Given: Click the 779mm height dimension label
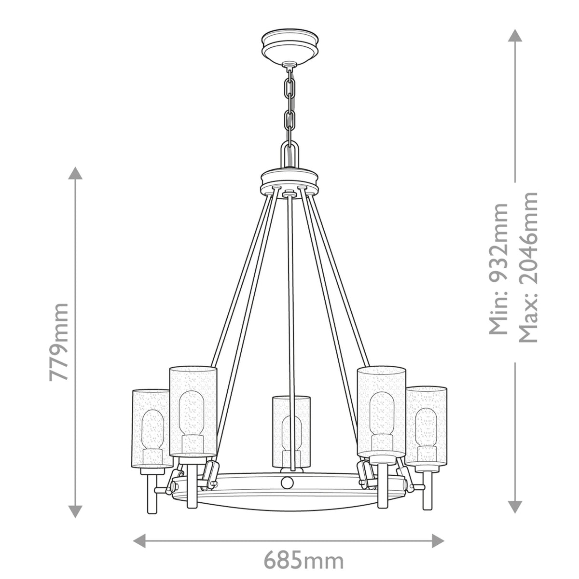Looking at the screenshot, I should click(59, 342).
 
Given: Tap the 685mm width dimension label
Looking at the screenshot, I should click(303, 561).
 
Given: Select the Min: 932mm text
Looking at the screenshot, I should click(499, 269).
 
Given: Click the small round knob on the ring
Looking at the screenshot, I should click(288, 482).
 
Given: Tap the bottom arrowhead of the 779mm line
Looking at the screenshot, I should click(75, 511).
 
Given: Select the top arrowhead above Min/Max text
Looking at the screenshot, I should click(515, 36).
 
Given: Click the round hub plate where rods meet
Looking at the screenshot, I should click(289, 181).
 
